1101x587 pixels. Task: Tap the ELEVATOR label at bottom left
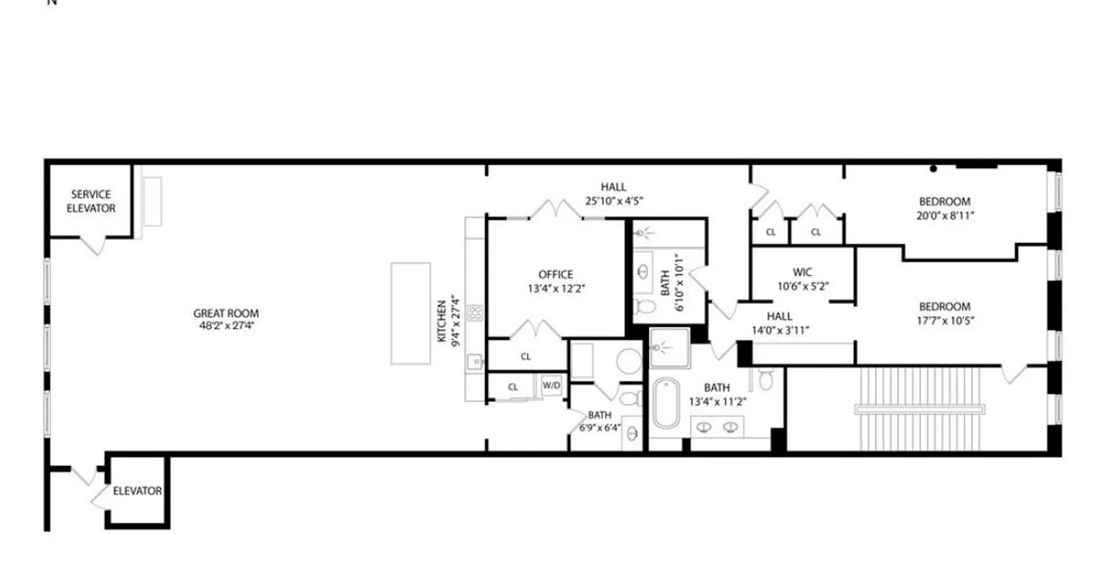click(x=137, y=491)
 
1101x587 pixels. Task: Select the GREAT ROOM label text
click(x=226, y=313)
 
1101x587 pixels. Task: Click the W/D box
click(x=552, y=385)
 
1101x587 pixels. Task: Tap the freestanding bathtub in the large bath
click(x=667, y=403)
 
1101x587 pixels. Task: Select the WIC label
click(x=802, y=272)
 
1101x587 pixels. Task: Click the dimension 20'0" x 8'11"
click(x=945, y=216)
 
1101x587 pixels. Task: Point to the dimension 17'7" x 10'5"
click(x=944, y=321)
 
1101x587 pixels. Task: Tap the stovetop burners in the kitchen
click(x=476, y=314)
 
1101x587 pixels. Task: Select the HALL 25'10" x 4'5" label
click(x=613, y=194)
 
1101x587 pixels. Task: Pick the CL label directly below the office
click(x=526, y=357)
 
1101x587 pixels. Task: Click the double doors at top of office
click(x=556, y=210)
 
